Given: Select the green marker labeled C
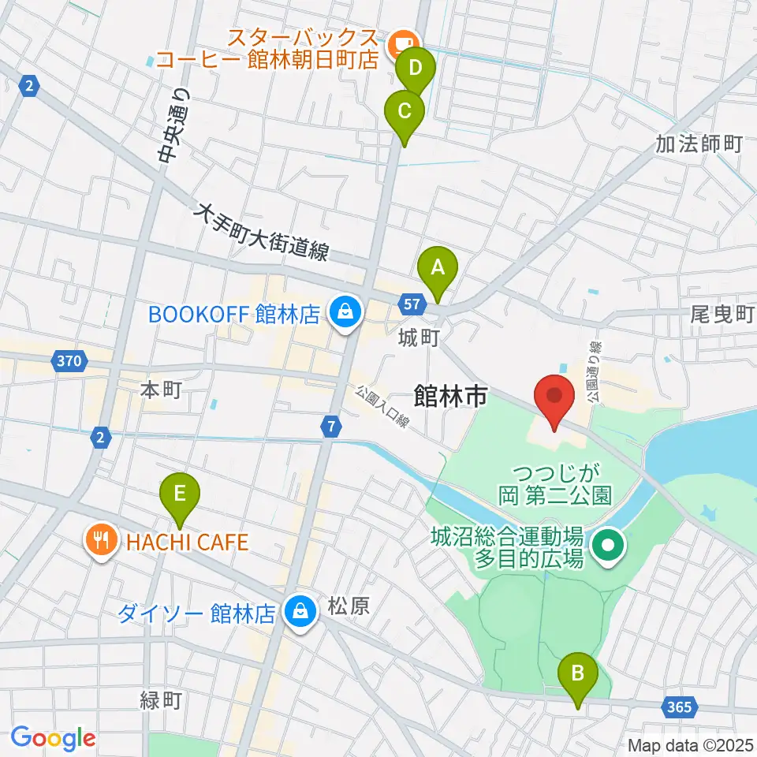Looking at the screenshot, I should (x=404, y=111).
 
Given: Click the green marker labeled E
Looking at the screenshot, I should (x=180, y=495).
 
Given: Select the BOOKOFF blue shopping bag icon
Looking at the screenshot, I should (x=345, y=314).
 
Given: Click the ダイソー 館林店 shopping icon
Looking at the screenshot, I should (x=300, y=611).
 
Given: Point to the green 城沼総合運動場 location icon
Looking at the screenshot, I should (x=608, y=544).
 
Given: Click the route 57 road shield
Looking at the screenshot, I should (x=411, y=303).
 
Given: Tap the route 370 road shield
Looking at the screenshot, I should (x=69, y=362).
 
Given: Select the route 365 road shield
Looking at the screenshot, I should (x=679, y=707).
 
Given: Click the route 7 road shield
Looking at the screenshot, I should (x=332, y=426).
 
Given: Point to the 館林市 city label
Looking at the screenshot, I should (x=449, y=397).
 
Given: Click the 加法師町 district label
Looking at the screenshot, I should (x=699, y=144).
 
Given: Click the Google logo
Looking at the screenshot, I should (x=53, y=737).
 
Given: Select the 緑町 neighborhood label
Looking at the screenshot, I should (x=161, y=700).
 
